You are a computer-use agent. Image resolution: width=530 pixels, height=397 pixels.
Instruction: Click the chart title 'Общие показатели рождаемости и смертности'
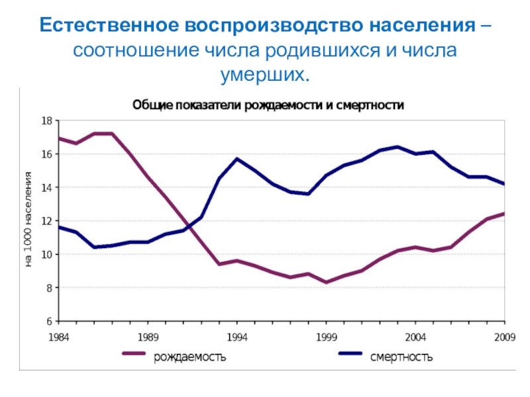click(x=268, y=105)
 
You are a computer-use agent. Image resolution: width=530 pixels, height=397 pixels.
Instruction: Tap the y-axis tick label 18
click(x=46, y=121)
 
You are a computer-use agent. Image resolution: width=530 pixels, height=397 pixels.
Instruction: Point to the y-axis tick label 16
click(x=46, y=154)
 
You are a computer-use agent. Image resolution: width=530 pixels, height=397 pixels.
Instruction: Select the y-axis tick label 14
click(x=46, y=188)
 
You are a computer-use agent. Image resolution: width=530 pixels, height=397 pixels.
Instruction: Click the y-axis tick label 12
click(x=46, y=221)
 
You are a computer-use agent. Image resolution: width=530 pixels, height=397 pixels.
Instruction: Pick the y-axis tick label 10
click(x=46, y=255)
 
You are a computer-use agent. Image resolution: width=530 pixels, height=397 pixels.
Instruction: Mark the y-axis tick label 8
click(x=48, y=288)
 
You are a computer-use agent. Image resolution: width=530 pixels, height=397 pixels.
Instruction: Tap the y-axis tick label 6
click(x=48, y=322)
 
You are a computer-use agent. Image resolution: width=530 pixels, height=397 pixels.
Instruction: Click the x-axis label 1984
click(x=60, y=336)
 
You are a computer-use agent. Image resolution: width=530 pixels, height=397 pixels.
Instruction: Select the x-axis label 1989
click(x=148, y=336)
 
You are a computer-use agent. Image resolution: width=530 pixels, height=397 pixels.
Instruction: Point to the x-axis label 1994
click(x=237, y=336)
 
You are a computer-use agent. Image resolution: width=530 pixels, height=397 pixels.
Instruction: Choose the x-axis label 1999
click(x=326, y=336)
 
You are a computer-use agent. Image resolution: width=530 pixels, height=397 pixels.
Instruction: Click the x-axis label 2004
click(x=415, y=336)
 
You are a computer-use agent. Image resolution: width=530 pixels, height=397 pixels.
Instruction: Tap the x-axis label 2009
click(x=504, y=336)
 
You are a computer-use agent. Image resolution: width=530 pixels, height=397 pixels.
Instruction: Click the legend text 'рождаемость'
click(x=190, y=357)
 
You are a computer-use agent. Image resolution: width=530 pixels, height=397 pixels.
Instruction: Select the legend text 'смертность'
click(x=401, y=357)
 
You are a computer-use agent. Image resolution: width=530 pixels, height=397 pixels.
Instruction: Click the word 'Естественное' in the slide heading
click(x=109, y=27)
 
